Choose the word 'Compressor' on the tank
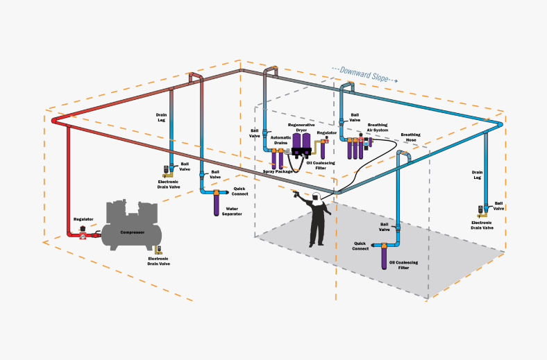point(133,232)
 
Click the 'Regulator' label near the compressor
point(83,219)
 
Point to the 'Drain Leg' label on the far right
point(477,175)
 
